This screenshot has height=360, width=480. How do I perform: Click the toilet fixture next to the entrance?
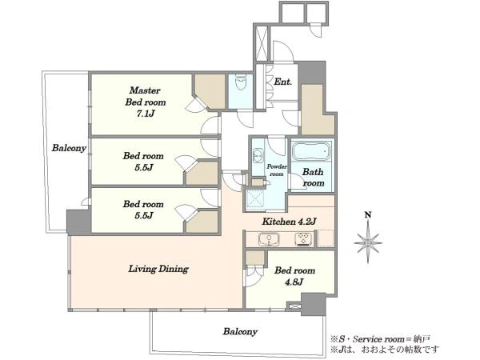[x=241, y=82]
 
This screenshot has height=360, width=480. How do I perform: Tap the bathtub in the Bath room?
[x=311, y=151]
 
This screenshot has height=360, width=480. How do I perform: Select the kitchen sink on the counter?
[x=269, y=239]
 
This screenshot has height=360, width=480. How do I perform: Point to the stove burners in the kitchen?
[x=303, y=239]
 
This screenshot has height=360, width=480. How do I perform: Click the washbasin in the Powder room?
[x=258, y=156]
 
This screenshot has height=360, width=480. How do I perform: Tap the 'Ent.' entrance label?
[x=282, y=82]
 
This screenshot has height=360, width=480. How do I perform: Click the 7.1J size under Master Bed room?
[x=145, y=114]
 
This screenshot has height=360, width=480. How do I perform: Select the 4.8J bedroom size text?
[x=294, y=282]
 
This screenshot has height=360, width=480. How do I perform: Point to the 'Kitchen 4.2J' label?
[x=289, y=221]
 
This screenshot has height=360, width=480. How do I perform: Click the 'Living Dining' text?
[x=158, y=269]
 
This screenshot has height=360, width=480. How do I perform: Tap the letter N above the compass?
[x=368, y=215]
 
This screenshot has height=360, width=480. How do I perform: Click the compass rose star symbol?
[x=368, y=243]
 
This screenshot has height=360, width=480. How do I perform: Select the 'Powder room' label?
[x=277, y=170]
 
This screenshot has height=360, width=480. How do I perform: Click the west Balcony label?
[x=69, y=148]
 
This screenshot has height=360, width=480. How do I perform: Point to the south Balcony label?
[x=240, y=331]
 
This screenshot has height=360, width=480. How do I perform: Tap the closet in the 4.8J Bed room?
[x=254, y=258]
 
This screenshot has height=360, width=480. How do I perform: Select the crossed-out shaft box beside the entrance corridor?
[x=261, y=44]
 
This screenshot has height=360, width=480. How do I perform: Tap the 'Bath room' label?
[x=313, y=178]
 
